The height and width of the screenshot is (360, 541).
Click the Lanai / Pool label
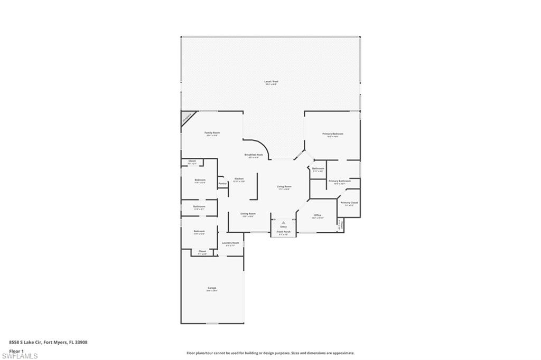[271, 81]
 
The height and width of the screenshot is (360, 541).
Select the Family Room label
[212, 132]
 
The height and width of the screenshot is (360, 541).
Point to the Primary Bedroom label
[333, 134]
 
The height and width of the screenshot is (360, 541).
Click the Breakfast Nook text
[251, 154]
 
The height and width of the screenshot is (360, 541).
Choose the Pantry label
[222, 183]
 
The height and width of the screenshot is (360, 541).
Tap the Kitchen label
[239, 179]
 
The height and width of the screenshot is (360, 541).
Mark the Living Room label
[284, 186]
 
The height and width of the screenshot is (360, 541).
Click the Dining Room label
[248, 214]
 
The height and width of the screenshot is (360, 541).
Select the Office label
[318, 215]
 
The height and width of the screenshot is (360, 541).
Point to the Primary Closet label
[349, 203]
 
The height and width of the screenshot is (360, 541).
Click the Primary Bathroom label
[340, 181]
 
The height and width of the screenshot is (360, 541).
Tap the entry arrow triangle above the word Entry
[284, 223]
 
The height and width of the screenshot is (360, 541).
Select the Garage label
[211, 288]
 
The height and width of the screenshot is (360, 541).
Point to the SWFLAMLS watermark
[20, 356]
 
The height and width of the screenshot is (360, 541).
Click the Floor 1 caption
[17, 350]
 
